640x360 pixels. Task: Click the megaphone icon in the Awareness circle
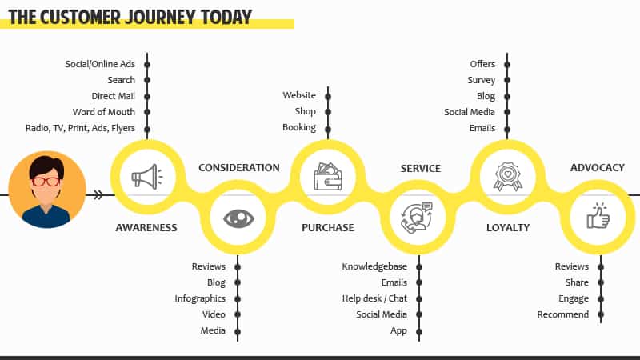[x=147, y=177]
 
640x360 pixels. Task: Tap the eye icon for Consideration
[x=238, y=218]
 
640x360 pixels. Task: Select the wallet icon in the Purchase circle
[x=328, y=177]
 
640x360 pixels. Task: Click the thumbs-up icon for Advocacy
[x=598, y=216]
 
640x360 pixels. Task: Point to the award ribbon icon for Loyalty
[x=507, y=176]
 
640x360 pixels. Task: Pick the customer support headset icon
[x=416, y=218]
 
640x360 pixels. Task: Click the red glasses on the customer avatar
[x=46, y=182]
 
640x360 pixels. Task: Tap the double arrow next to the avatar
[x=98, y=194]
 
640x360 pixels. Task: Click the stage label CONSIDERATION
[x=239, y=168]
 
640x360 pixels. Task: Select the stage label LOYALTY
[x=508, y=228]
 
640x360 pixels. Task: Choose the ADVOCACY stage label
[x=597, y=168]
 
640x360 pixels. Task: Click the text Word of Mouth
[x=104, y=112]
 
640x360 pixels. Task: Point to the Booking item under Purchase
[x=299, y=128]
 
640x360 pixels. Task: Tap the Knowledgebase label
[x=374, y=266]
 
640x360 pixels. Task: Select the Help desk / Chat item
[x=374, y=298]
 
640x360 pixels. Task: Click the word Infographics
[x=200, y=298]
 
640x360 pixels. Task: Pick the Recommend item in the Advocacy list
[x=563, y=314]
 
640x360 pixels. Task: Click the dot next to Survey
[x=507, y=80]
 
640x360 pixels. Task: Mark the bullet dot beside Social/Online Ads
[x=147, y=65]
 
